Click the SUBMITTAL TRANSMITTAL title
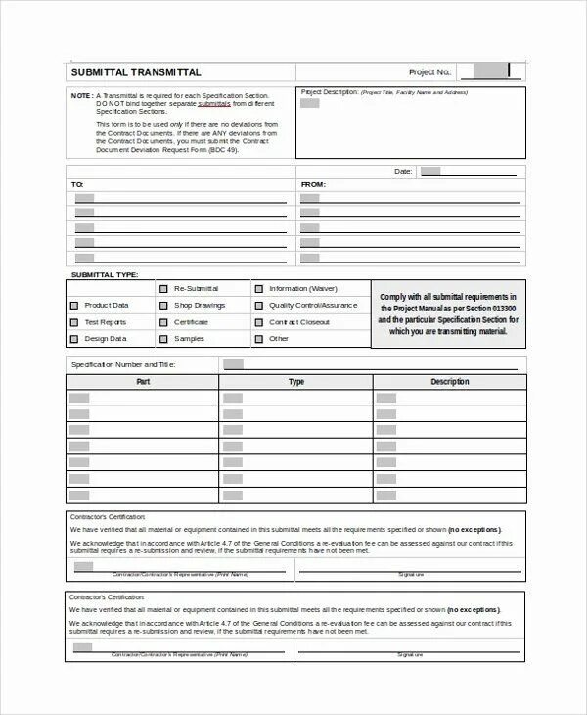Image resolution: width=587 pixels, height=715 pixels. point(136,72)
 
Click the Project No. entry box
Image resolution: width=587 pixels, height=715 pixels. point(483,71)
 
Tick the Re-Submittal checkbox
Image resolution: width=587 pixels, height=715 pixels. point(163,289)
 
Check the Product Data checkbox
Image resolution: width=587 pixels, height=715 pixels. point(74,306)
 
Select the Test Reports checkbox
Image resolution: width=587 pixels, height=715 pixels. point(74,322)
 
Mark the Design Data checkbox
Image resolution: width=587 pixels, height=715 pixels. point(74,339)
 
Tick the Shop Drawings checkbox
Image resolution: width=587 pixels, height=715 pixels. point(163,306)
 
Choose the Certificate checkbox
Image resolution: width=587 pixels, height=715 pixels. point(163,322)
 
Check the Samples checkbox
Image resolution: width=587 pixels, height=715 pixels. point(163,339)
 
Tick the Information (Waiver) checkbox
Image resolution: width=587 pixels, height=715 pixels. point(259,289)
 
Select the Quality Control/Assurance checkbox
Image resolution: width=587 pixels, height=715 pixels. point(259,306)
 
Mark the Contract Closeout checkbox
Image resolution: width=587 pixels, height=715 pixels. point(259,322)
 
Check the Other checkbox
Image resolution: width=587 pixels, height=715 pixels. point(259,339)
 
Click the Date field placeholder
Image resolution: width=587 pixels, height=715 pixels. point(430,171)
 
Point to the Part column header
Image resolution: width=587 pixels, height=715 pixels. point(143,382)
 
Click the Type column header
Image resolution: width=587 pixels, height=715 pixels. point(296,382)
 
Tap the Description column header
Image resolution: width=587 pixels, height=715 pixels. point(450,382)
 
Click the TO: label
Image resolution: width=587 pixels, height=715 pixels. point(77,184)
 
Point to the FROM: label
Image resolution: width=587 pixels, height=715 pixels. point(313,184)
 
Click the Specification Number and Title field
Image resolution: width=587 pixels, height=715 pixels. point(233,364)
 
